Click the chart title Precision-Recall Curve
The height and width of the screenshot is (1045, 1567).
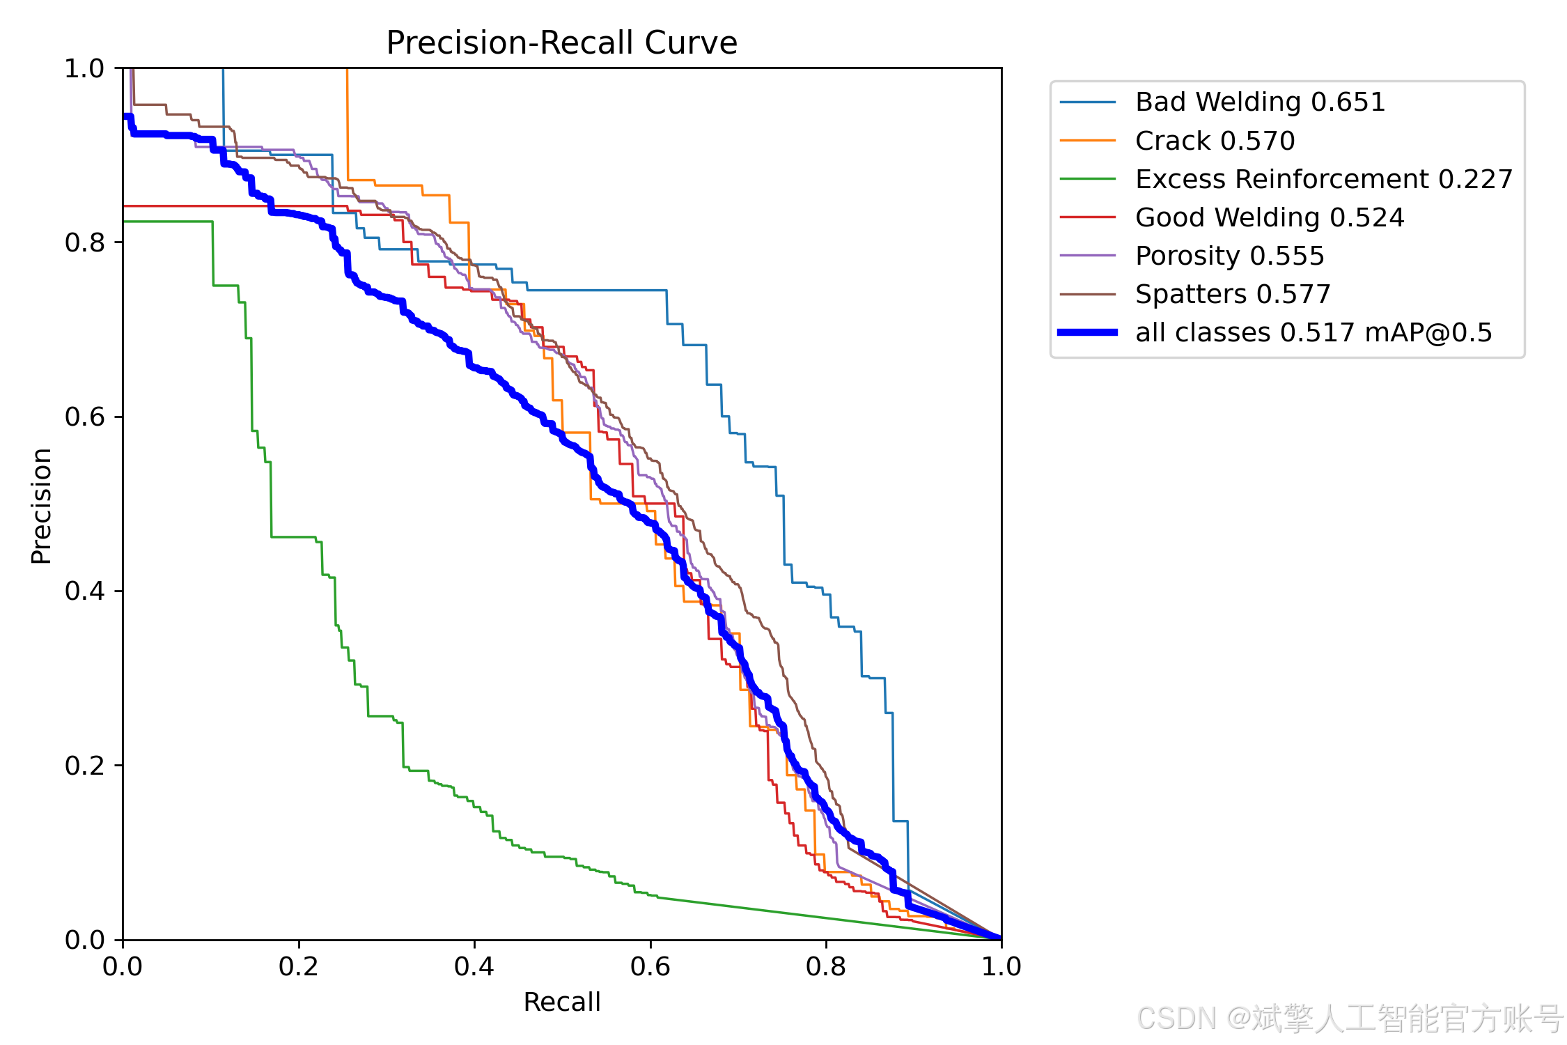coord(561,42)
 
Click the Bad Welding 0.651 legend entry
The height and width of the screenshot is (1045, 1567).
coord(1260,102)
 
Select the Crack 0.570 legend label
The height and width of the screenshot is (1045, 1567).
coord(1215,141)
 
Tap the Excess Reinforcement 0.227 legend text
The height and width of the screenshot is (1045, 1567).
coord(1324,179)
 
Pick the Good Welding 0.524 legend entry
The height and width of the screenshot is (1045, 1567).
coord(1270,217)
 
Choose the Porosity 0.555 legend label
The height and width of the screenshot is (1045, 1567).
coord(1230,256)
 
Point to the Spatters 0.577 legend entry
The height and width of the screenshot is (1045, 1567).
coord(1233,294)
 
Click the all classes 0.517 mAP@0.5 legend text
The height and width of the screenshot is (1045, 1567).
coord(1313,332)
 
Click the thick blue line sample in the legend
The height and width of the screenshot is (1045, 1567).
coord(1088,332)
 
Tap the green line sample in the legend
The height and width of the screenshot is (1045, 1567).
coord(1088,179)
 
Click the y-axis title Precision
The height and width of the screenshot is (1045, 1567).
coord(42,506)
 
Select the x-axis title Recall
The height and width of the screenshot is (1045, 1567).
coord(561,1002)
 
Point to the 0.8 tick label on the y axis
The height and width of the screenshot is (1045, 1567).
coord(84,242)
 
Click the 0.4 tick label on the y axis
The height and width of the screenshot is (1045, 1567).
coord(84,591)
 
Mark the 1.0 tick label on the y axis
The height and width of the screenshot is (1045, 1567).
coord(84,68)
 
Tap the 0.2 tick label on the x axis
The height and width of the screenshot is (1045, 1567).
coord(299,966)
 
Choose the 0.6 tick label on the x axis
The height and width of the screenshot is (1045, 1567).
coord(650,966)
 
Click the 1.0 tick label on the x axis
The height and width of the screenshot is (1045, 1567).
coord(1001,966)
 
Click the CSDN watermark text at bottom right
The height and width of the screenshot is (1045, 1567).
coord(1350,1019)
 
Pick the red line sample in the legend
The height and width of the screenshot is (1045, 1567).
coord(1088,217)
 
